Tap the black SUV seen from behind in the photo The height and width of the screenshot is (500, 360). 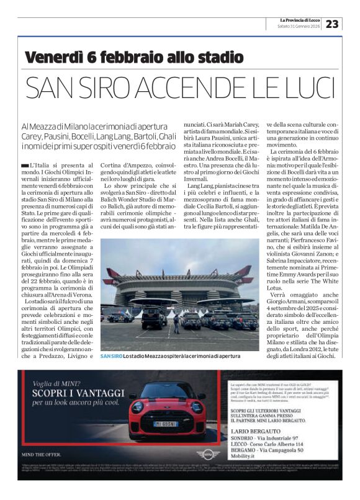pos(152,317)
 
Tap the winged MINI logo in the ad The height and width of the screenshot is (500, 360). pos(208,453)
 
